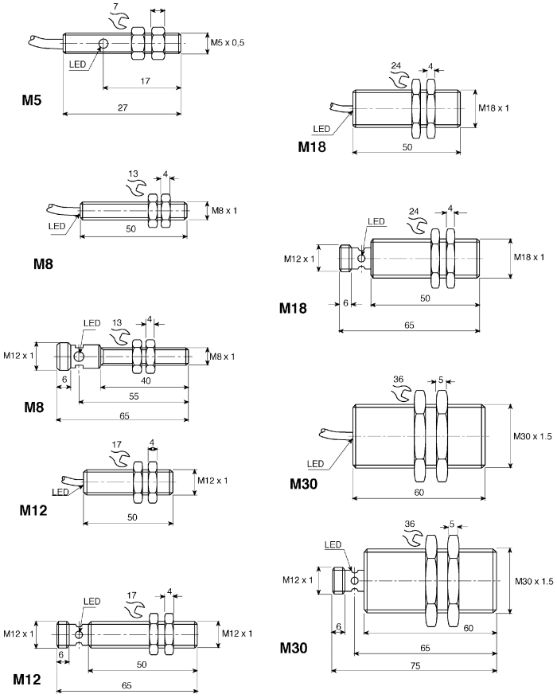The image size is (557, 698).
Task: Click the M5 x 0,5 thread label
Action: (228, 43)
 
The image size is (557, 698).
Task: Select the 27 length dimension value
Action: (123, 107)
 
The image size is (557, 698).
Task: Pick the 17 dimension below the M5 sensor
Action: (145, 81)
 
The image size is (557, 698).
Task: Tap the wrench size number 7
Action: (116, 6)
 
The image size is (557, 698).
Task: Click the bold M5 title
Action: (32, 100)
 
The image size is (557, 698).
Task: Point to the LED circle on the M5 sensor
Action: (103, 44)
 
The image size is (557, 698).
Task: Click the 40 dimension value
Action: (146, 380)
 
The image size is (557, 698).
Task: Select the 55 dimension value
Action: (134, 396)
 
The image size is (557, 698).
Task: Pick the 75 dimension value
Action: (415, 666)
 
